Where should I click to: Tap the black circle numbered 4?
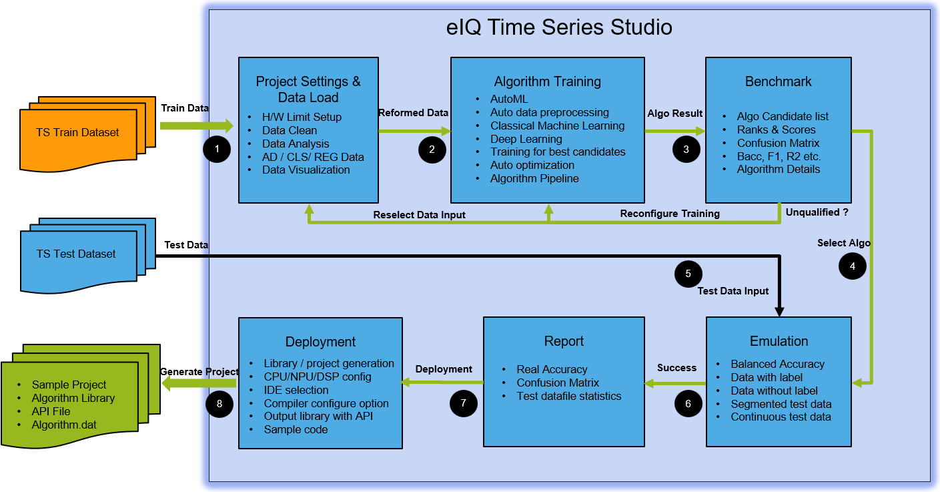[x=853, y=266]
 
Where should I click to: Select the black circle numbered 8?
[x=219, y=403]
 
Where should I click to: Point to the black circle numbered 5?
[x=688, y=273]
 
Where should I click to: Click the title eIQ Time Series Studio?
[x=558, y=27]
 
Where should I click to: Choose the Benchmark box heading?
[x=778, y=81]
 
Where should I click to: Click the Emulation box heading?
[x=779, y=341]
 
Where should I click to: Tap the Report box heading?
[x=564, y=341]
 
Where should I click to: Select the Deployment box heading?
[x=320, y=342]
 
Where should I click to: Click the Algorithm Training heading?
[x=547, y=81]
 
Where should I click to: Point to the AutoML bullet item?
[x=509, y=99]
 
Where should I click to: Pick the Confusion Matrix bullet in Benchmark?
[x=778, y=143]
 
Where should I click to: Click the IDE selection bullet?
[x=296, y=390]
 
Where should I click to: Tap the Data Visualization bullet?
[x=306, y=170]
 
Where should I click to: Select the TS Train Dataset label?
[x=77, y=132]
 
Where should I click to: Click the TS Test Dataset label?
[x=76, y=254]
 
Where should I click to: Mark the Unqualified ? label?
[x=816, y=212]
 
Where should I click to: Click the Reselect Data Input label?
[x=419, y=214]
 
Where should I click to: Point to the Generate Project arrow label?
[x=199, y=371]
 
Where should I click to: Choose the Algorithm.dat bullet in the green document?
[x=64, y=425]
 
